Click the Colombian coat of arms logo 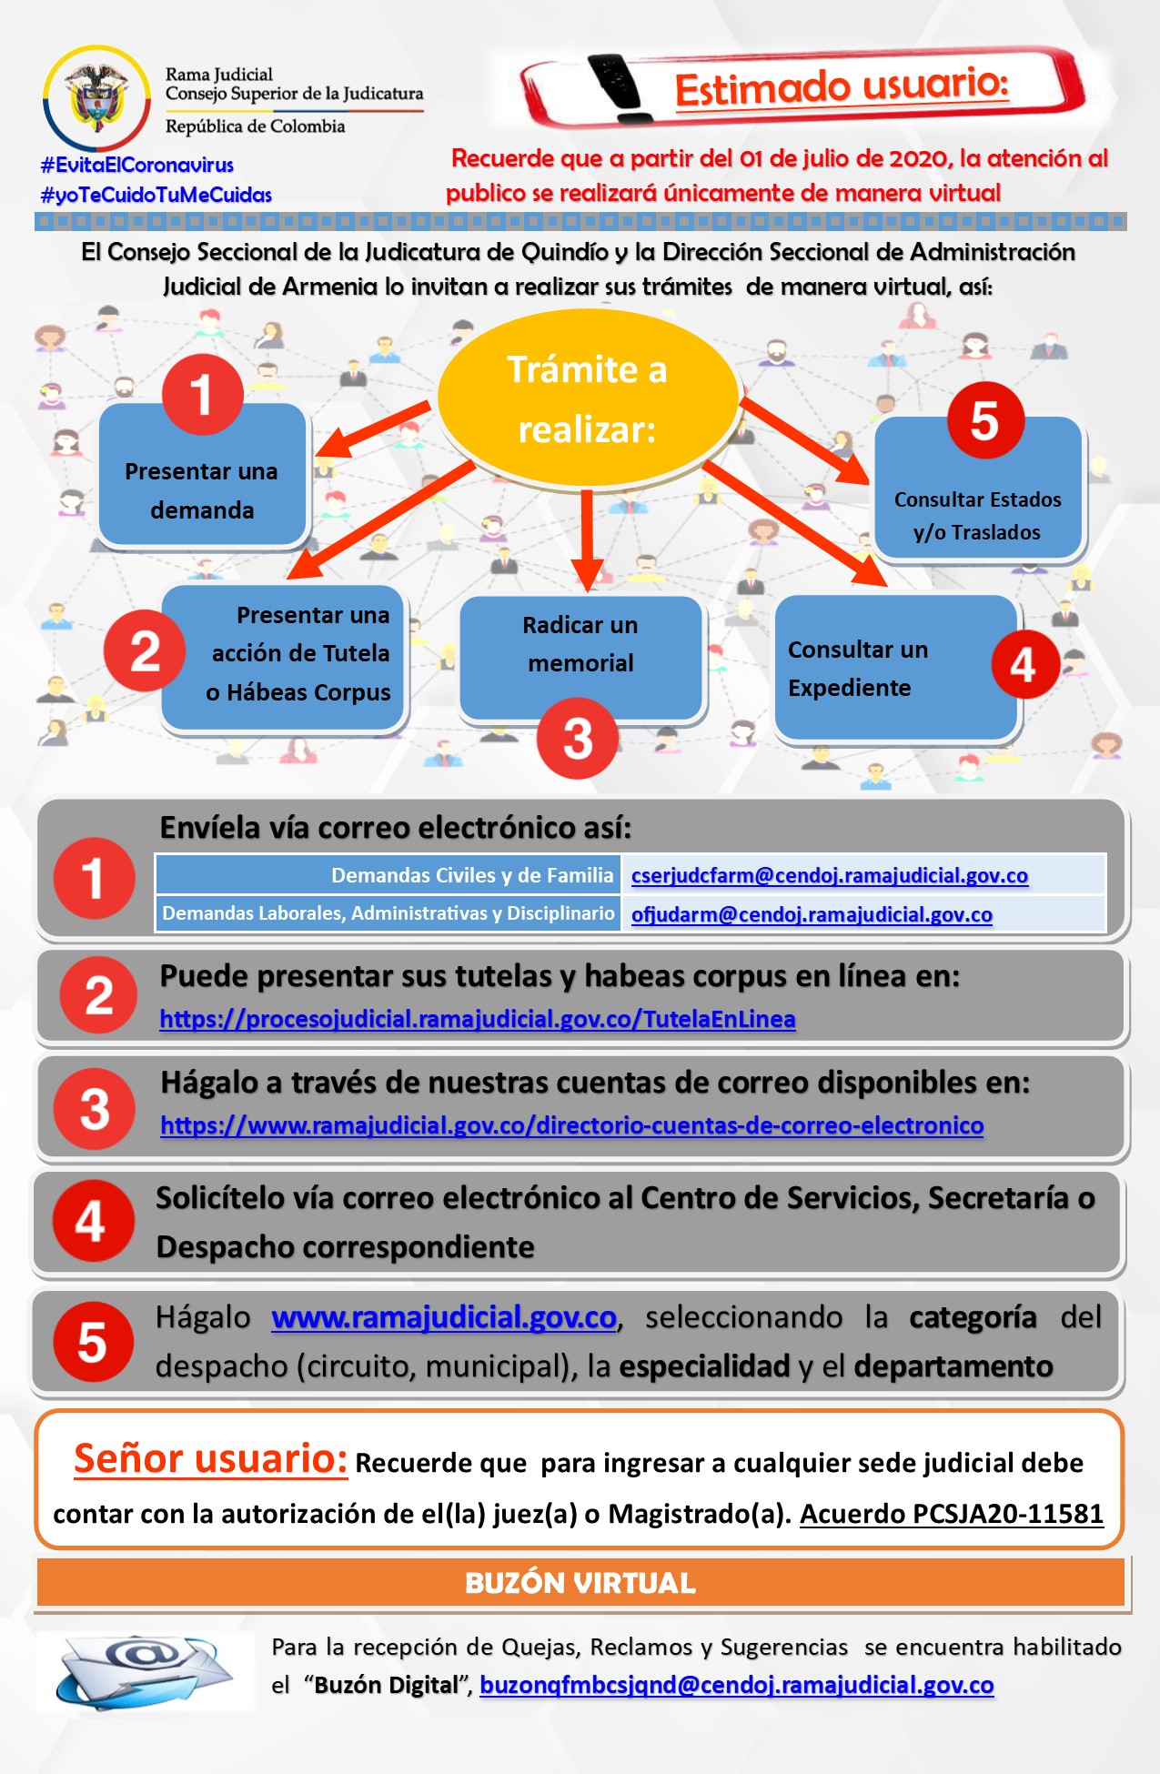coord(96,98)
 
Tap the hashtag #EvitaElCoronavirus coord(137,165)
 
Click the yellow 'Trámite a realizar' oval coord(587,398)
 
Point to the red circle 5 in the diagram coord(984,420)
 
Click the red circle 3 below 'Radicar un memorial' coord(577,738)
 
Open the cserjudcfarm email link coord(829,875)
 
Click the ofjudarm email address coord(812,914)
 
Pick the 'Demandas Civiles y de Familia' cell coord(389,875)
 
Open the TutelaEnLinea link coord(478,1019)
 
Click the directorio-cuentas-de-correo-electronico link coord(572,1125)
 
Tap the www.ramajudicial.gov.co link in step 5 coord(444,1317)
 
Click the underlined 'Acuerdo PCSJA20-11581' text coord(951,1513)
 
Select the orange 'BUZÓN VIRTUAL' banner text coord(580,1583)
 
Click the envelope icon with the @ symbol coord(146,1669)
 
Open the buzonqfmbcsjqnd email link coord(736,1685)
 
